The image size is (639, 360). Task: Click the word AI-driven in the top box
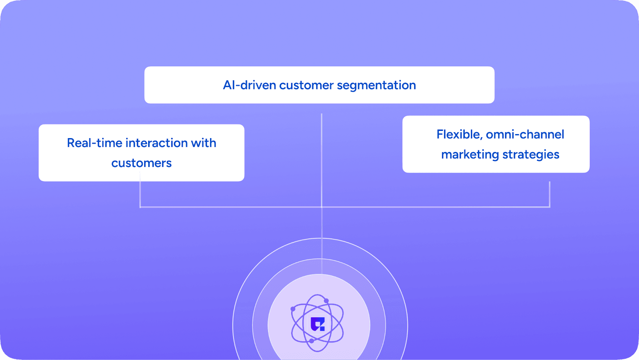pos(249,85)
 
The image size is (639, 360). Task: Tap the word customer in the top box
pos(306,85)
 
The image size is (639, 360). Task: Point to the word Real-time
pos(94,143)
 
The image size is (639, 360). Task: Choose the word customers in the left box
pos(141,163)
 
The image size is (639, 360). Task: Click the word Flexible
pos(459,135)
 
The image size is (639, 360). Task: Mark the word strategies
pos(531,154)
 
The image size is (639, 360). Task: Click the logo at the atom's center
pos(318,324)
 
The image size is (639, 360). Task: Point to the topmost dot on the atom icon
pos(326,301)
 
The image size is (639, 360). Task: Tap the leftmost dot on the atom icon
pos(293,309)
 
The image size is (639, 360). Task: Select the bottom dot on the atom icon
pos(312,341)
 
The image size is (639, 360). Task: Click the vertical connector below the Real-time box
pos(140,194)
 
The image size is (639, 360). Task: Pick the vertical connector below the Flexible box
pos(550,194)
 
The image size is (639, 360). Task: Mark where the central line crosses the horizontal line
pos(321,207)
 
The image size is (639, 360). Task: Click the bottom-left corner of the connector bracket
pos(140,207)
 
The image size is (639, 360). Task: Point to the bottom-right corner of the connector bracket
pos(550,207)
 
